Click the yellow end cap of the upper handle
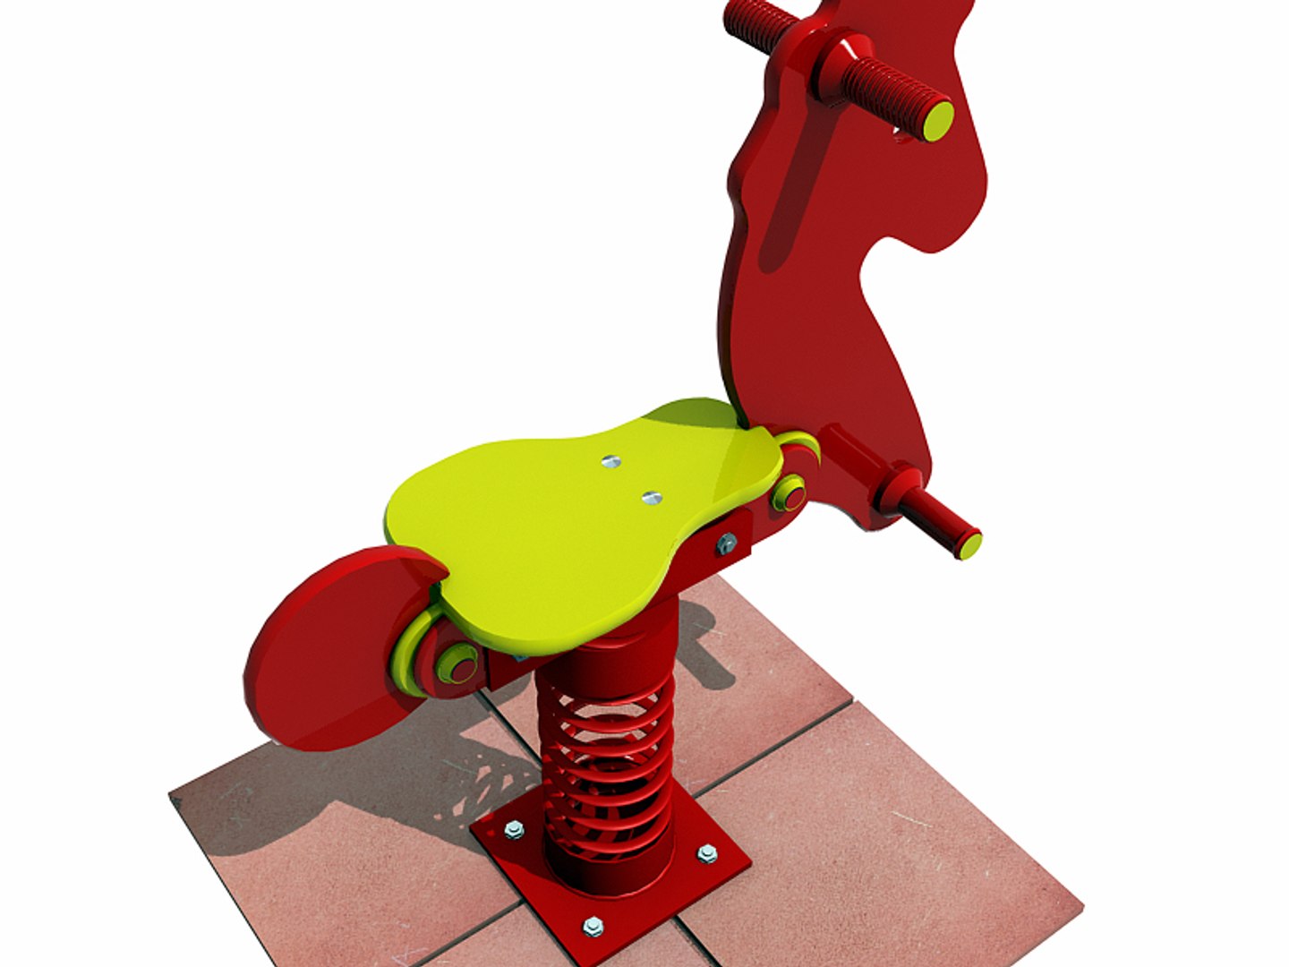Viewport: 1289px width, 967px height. point(938,121)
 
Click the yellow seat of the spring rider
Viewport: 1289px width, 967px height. point(573,528)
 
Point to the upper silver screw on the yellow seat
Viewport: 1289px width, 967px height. point(610,462)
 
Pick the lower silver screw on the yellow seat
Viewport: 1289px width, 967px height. point(652,497)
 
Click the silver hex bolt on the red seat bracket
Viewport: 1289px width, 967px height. point(726,543)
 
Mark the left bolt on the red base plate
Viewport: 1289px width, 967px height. point(513,830)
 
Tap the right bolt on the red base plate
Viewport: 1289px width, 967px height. point(707,852)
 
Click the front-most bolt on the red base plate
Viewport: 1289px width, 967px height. point(593,926)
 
